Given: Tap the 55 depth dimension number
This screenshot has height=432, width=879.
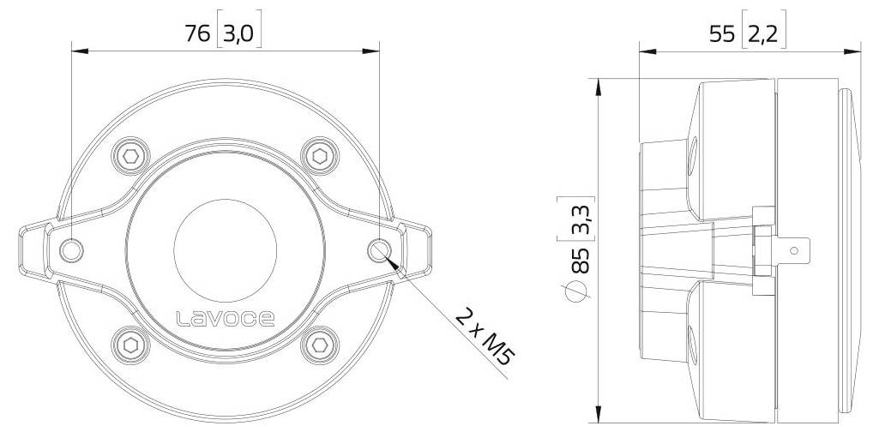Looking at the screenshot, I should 722,33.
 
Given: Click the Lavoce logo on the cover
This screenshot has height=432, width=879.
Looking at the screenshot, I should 225,320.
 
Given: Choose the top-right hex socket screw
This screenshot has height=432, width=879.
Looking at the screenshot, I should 319,155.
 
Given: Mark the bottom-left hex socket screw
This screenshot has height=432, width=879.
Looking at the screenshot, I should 130,344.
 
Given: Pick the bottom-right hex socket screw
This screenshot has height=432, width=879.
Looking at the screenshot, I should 319,344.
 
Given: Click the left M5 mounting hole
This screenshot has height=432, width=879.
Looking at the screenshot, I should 72,249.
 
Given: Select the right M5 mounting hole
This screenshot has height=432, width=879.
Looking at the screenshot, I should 379,249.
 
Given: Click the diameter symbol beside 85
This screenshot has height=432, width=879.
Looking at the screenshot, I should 581,291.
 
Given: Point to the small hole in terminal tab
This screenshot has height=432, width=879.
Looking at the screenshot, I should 793,250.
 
